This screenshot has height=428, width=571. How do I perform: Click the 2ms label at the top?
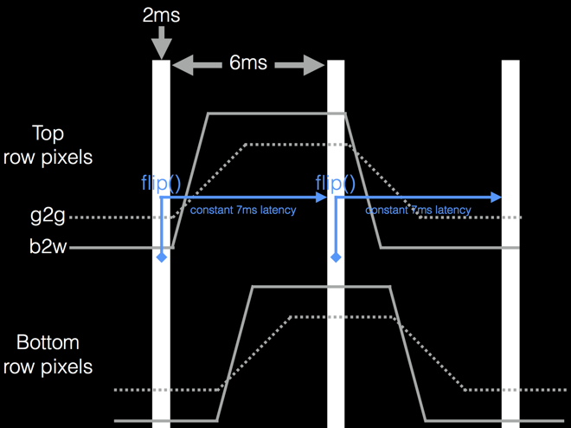coord(161,15)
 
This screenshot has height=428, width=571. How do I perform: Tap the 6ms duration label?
coord(247,64)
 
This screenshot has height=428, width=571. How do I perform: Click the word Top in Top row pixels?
coord(48,133)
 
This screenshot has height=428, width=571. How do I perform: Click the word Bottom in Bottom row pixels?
coord(48,342)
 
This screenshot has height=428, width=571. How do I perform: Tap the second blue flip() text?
coord(336,183)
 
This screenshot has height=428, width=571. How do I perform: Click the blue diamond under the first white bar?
coord(162,257)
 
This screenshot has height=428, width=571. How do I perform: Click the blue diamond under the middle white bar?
coord(336,257)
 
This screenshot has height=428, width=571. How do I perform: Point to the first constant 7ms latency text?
coord(243,211)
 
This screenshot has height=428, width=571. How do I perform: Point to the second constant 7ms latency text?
coord(418,211)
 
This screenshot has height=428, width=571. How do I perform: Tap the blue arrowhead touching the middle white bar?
coord(321,198)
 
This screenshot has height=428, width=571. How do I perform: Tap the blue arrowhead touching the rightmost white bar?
coord(496,198)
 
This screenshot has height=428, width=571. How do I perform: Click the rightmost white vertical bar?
coord(510,243)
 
